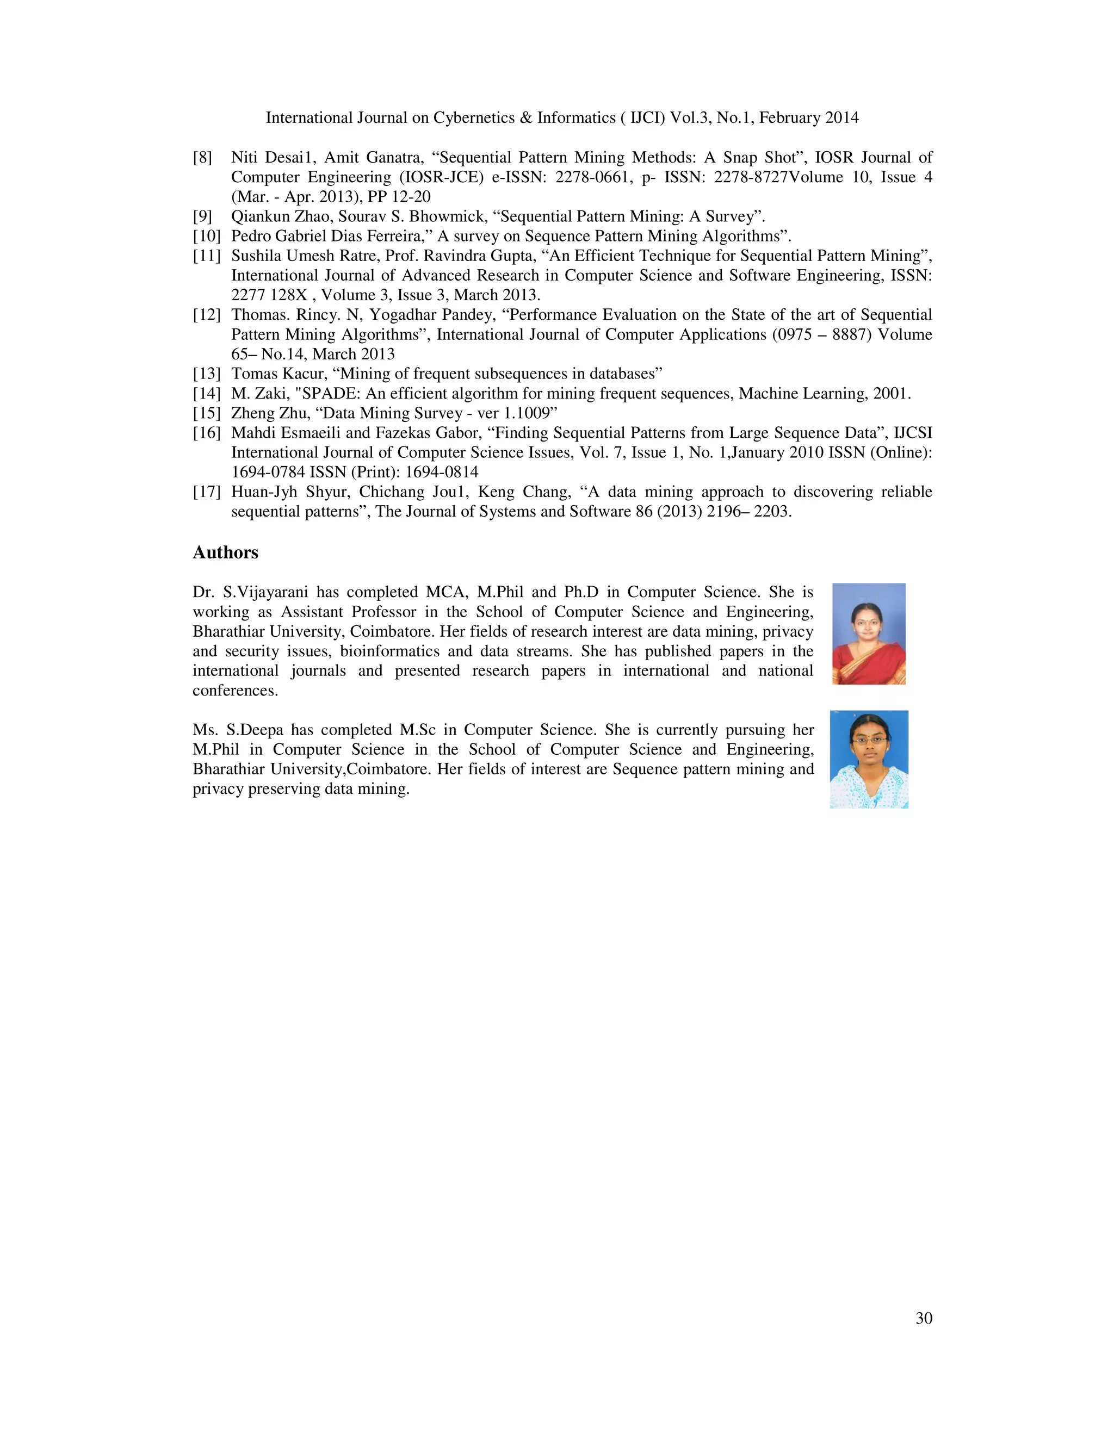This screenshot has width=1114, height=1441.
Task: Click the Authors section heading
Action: pyautogui.click(x=225, y=552)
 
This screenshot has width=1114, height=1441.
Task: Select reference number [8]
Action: pyautogui.click(x=202, y=158)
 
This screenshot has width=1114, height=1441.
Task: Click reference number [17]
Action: pyautogui.click(x=207, y=492)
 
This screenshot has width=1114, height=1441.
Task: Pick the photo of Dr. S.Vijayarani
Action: pyautogui.click(x=869, y=633)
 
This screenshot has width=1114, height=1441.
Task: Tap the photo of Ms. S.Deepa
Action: pyautogui.click(x=869, y=760)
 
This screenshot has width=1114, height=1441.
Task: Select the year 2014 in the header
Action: pyautogui.click(x=840, y=118)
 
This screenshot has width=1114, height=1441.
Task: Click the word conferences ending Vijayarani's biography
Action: pyautogui.click(x=235, y=691)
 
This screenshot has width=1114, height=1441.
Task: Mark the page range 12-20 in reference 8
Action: pyautogui.click(x=411, y=197)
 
